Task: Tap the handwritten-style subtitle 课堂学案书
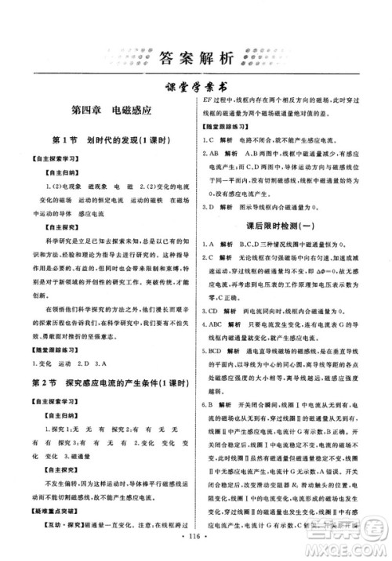[195, 89]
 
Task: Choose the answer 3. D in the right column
[210, 208]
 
